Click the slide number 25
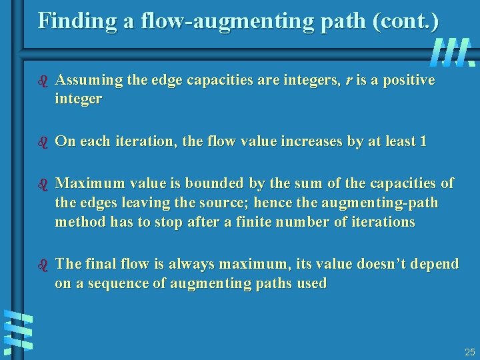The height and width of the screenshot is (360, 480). coord(469,351)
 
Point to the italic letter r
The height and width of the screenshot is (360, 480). coord(351,81)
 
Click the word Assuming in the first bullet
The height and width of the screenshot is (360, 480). coord(87,81)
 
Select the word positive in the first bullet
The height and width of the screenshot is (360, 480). coord(409,81)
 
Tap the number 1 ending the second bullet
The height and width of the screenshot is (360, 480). coord(423,141)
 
